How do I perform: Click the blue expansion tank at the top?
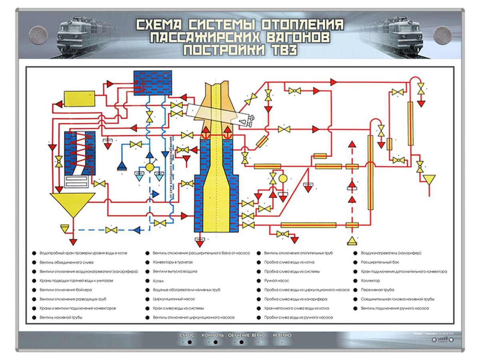click(x=152, y=82)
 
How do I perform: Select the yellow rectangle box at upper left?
click(x=79, y=98)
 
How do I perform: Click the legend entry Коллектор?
click(x=370, y=281)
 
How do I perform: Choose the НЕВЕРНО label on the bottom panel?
click(x=282, y=335)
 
